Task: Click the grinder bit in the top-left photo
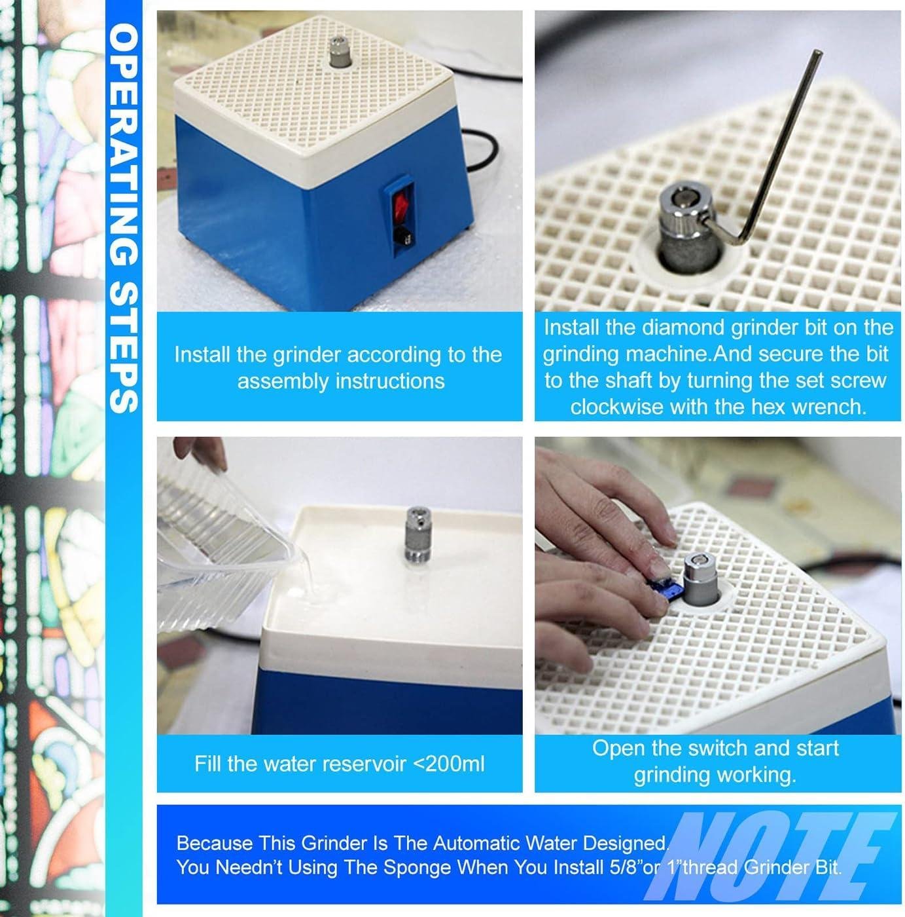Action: [x=339, y=51]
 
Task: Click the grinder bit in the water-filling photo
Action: [x=417, y=534]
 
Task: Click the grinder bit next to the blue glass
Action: [x=701, y=579]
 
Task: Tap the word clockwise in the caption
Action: [x=616, y=407]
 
